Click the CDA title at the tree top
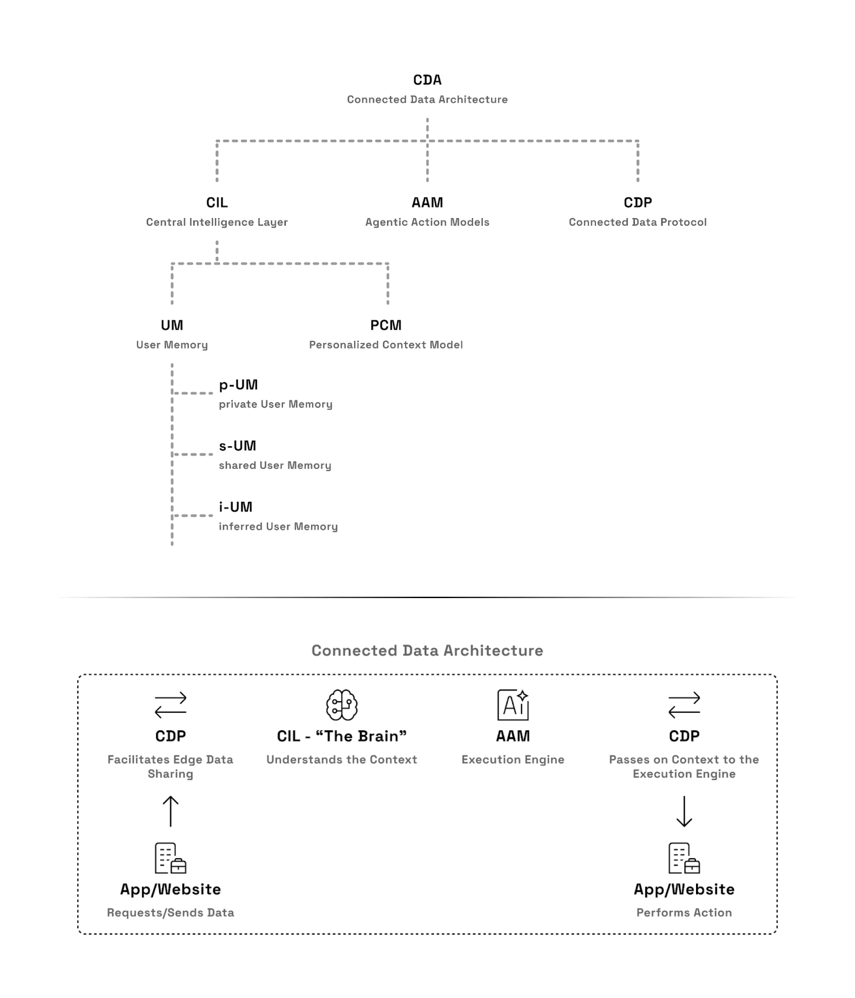click(x=427, y=80)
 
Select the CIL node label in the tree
click(x=217, y=203)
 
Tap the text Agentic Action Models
click(x=427, y=222)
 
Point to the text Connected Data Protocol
click(x=638, y=222)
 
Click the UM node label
click(x=172, y=326)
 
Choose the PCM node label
click(x=386, y=326)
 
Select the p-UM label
click(x=238, y=385)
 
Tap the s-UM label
click(x=237, y=446)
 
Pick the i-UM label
click(x=236, y=507)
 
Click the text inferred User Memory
click(x=278, y=526)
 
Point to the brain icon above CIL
click(x=342, y=705)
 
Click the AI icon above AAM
click(x=513, y=705)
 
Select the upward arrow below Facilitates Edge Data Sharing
click(x=171, y=811)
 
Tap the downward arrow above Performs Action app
click(x=684, y=811)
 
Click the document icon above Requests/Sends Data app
click(x=171, y=858)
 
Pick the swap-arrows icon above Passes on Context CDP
click(x=684, y=705)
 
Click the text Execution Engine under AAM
click(x=513, y=760)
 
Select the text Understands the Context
click(x=342, y=760)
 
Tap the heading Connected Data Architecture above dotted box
click(x=427, y=651)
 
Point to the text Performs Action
click(x=684, y=913)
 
